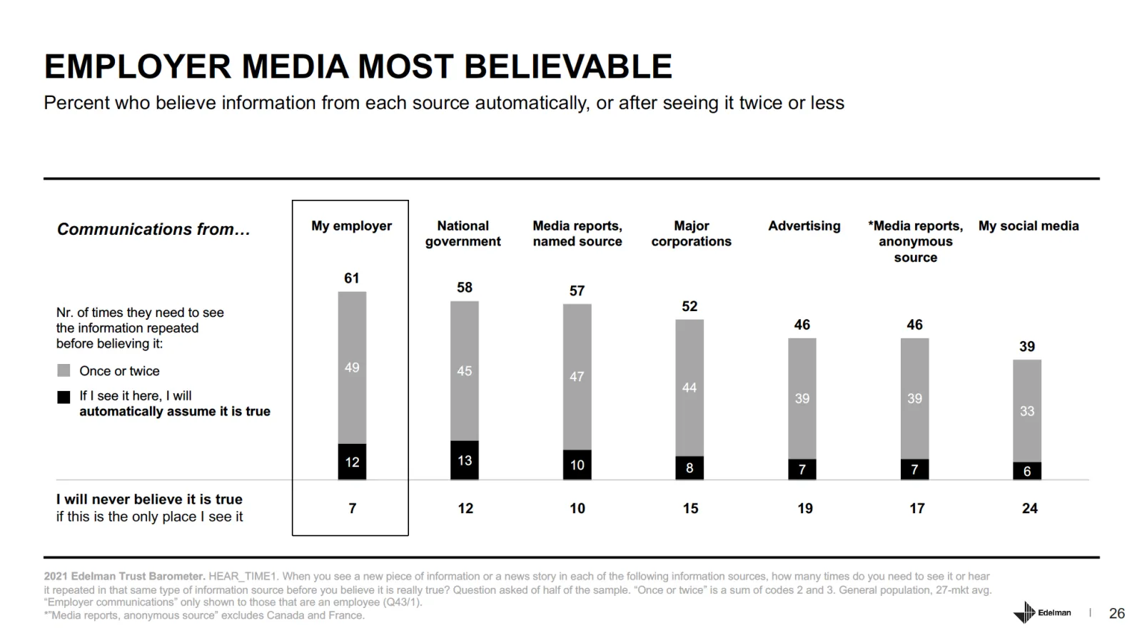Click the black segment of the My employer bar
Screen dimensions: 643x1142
[x=352, y=462]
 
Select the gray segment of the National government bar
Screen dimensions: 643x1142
[x=465, y=371]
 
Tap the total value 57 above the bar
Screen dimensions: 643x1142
[x=577, y=291]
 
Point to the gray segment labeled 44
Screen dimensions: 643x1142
[x=689, y=388]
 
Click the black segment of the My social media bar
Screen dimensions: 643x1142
[x=1027, y=471]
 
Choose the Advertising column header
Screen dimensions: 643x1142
[x=804, y=226]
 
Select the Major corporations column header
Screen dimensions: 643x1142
[x=691, y=233]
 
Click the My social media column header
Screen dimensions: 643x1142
[x=1029, y=226]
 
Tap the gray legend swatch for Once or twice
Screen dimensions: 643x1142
[x=64, y=370]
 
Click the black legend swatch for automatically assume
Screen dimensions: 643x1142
[x=64, y=397]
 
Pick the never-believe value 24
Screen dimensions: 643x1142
[x=1029, y=508]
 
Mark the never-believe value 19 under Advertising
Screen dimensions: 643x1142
[x=805, y=508]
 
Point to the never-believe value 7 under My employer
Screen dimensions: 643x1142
[x=352, y=508]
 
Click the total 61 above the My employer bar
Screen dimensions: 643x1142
[x=352, y=278]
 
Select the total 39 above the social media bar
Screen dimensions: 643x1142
[x=1027, y=347]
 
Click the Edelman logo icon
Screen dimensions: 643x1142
[x=1024, y=612]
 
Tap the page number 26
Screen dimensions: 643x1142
[x=1117, y=613]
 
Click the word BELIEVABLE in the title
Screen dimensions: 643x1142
[x=568, y=66]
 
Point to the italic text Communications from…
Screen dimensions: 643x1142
[x=153, y=229]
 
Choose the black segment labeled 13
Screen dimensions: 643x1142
[x=465, y=460]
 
